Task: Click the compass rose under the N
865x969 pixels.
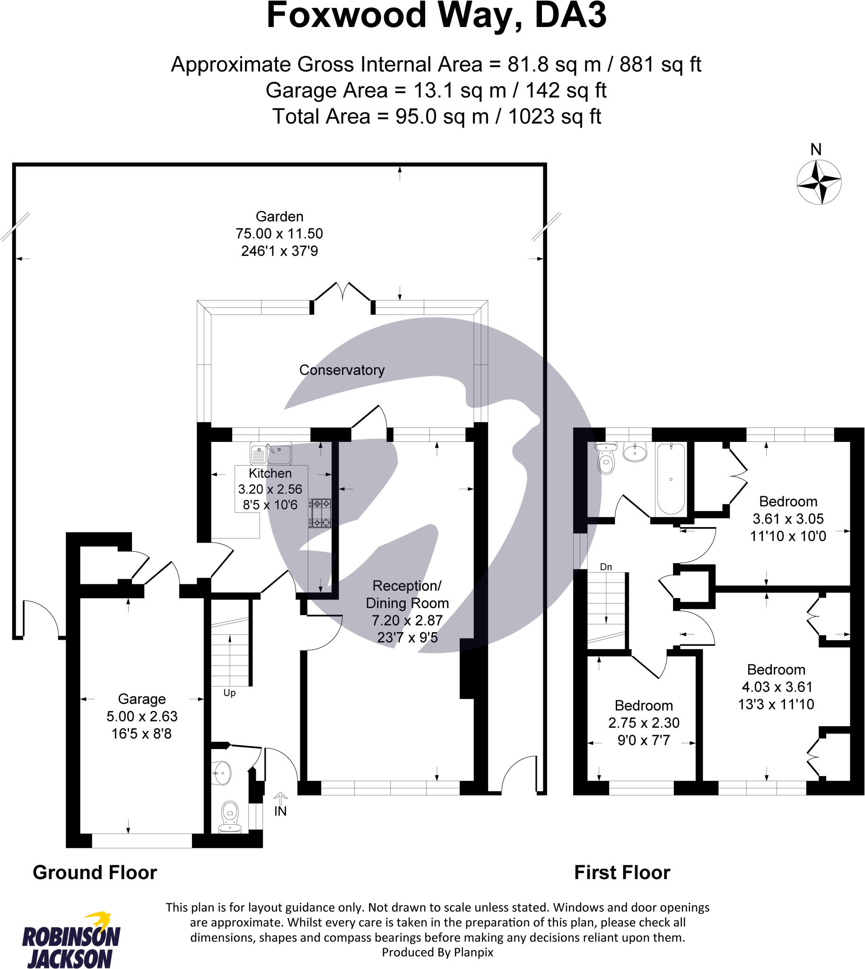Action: click(x=819, y=182)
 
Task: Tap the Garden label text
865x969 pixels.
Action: click(x=279, y=217)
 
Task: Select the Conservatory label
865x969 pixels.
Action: click(x=342, y=370)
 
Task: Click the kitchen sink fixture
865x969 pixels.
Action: click(x=271, y=454)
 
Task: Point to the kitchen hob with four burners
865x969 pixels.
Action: click(x=320, y=513)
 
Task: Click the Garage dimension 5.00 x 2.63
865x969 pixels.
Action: click(x=141, y=716)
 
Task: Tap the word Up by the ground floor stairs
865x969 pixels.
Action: click(x=229, y=693)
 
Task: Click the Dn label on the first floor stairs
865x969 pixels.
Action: click(x=605, y=567)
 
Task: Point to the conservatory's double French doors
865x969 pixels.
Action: click(x=342, y=292)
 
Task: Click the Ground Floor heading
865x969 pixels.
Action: click(x=95, y=873)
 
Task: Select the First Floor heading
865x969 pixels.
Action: click(x=621, y=873)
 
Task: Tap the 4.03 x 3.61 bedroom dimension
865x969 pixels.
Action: click(x=777, y=687)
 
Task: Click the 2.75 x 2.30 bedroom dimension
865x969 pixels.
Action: click(x=644, y=722)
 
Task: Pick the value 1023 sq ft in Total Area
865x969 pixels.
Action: click(x=554, y=116)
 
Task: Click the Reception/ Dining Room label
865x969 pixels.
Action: click(x=407, y=594)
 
